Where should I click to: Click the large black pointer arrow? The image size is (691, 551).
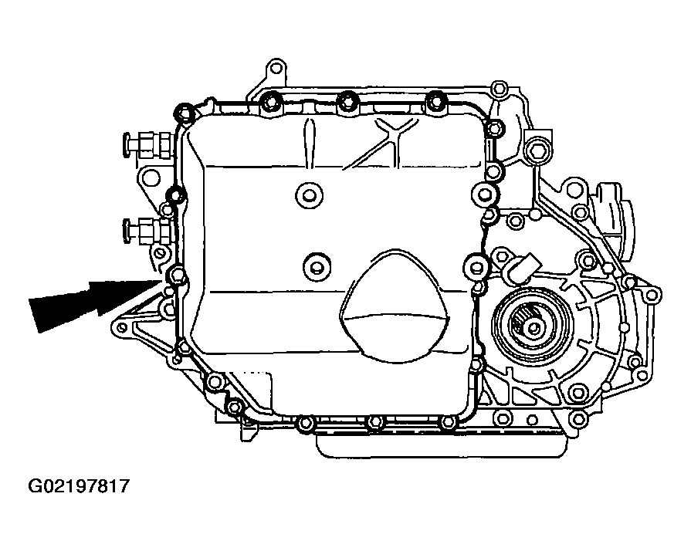[x=95, y=302]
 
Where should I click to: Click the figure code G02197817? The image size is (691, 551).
[x=80, y=487]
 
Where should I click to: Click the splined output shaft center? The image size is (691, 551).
[x=533, y=328]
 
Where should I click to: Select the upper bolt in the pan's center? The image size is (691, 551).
[x=309, y=194]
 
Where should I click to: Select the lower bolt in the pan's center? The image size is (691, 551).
[x=317, y=266]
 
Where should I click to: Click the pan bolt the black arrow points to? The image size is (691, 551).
[x=177, y=275]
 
